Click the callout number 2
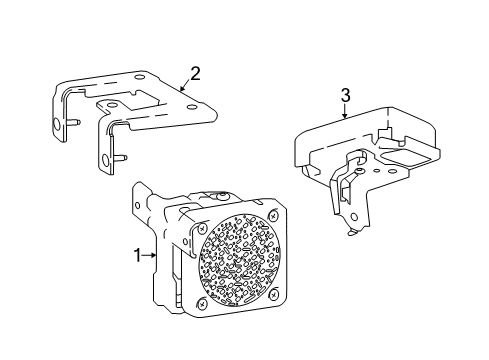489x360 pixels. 195,72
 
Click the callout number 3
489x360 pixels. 345,95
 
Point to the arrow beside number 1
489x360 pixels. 153,255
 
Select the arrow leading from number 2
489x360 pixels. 184,86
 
